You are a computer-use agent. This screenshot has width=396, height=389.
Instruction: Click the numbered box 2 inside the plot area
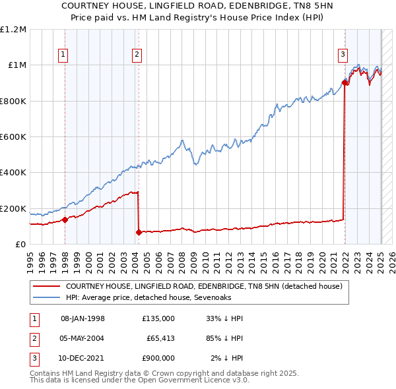pos(137,55)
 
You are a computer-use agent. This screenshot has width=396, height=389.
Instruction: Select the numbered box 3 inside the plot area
pos(343,55)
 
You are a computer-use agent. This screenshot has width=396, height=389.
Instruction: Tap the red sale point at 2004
pos(139,232)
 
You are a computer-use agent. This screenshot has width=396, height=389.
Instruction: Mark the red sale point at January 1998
pos(65,220)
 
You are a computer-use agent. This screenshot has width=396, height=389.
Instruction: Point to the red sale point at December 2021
pos(345,82)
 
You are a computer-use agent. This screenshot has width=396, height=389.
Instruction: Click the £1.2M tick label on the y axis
pos(13,30)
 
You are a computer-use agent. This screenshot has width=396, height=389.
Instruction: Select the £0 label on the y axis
pos(19,245)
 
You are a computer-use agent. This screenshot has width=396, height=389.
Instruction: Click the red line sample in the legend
pos(46,287)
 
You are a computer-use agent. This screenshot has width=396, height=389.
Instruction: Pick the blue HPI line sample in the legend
pos(46,298)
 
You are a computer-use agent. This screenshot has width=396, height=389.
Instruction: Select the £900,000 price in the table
pos(158,358)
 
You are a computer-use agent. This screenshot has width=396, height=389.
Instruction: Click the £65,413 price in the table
pos(160,338)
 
